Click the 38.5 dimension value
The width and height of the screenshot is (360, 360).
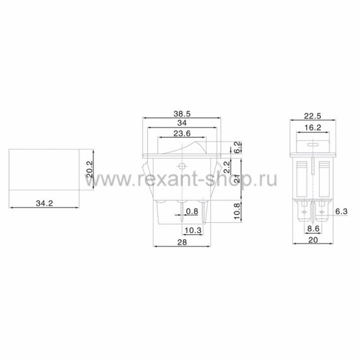(x=182, y=114)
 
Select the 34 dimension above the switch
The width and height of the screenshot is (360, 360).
(x=182, y=123)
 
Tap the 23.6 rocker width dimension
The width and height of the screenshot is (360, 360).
(x=182, y=133)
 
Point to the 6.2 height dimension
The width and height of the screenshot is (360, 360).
(x=238, y=147)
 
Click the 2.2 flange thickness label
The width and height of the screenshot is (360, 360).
(x=227, y=167)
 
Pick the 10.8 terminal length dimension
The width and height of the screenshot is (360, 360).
(x=237, y=211)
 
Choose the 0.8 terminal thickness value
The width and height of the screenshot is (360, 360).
(x=192, y=211)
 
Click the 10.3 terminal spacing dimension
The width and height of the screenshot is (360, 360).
(x=193, y=230)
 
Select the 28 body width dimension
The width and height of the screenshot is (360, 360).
(x=182, y=242)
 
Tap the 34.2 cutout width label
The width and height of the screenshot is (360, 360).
(x=44, y=203)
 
